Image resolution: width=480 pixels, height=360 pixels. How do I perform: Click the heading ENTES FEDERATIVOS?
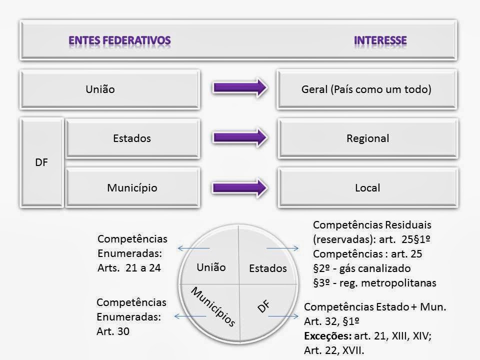click(x=119, y=39)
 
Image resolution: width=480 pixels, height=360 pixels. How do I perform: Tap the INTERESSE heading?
click(x=380, y=39)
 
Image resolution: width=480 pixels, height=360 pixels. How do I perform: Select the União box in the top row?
click(x=110, y=90)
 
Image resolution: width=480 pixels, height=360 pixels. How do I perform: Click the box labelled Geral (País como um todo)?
click(x=367, y=90)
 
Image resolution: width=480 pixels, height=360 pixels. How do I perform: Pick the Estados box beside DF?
click(x=132, y=138)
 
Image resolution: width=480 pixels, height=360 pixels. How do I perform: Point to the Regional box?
click(x=367, y=138)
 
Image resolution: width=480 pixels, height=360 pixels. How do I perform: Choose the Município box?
click(x=132, y=188)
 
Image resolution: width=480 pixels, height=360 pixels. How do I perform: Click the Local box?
click(x=367, y=188)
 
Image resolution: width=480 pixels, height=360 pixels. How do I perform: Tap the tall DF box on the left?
click(x=42, y=163)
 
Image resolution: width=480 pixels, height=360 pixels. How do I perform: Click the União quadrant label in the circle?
click(x=211, y=267)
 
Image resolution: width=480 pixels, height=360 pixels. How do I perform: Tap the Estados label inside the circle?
click(x=268, y=268)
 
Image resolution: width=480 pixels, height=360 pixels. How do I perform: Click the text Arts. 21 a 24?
click(x=129, y=267)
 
